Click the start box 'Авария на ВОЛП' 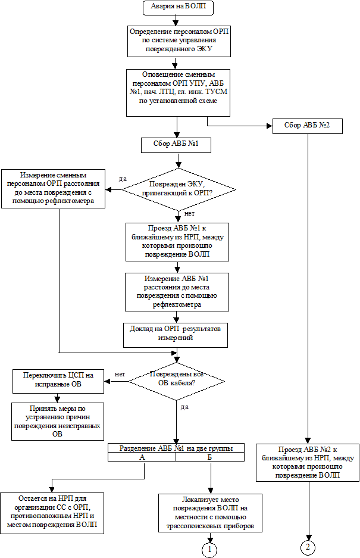179,8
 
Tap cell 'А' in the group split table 142,457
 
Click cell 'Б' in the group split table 210,457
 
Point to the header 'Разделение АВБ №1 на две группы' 176,448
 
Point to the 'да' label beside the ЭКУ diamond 123,179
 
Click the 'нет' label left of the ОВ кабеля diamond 120,374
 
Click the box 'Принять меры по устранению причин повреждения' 57,422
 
